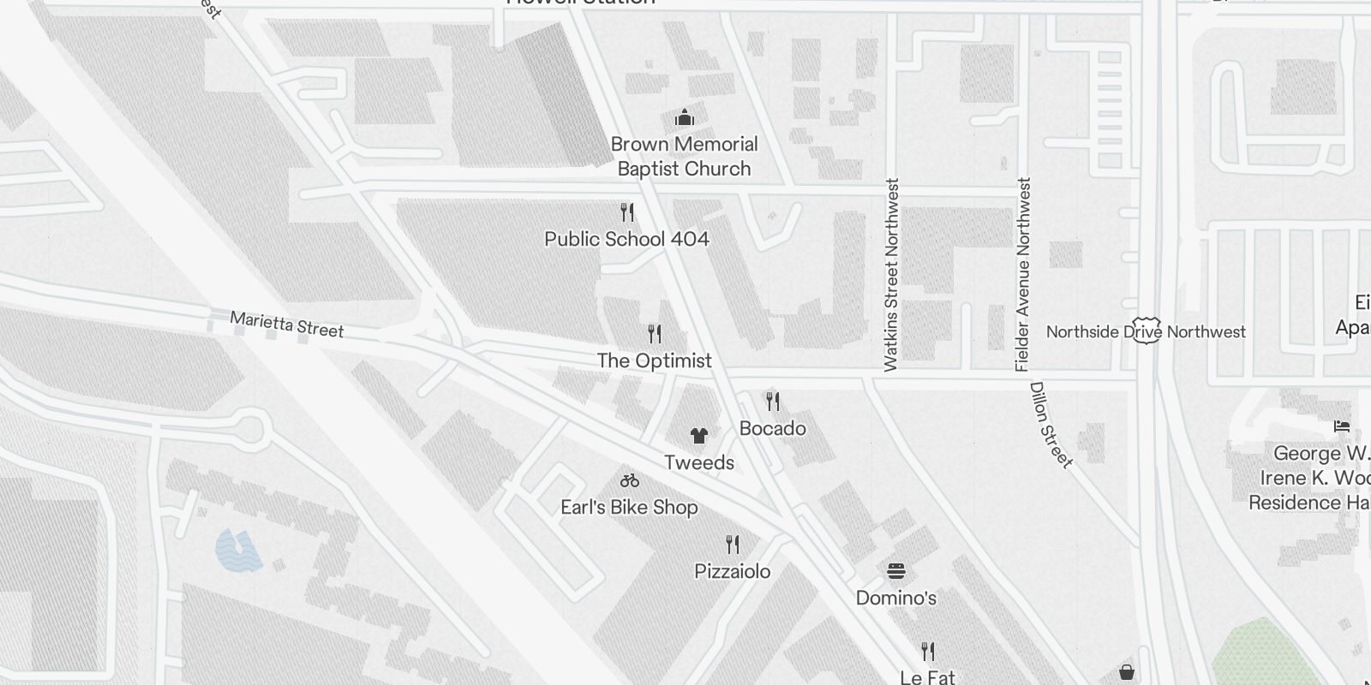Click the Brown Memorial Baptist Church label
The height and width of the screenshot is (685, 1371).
(x=684, y=156)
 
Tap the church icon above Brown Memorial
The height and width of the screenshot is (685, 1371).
(x=684, y=117)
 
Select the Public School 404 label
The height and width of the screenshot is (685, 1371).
(x=626, y=239)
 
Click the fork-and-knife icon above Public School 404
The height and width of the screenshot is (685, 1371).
(x=627, y=211)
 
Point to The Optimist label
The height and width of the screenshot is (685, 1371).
(x=654, y=360)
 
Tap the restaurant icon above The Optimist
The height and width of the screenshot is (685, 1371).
(x=655, y=333)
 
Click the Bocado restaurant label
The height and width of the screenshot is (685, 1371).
(x=772, y=428)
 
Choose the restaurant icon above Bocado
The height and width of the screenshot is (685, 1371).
(x=773, y=401)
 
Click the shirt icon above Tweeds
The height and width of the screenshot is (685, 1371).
(x=699, y=436)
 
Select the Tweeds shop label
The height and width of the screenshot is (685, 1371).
(x=699, y=462)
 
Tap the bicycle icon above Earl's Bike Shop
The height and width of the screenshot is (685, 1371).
(x=630, y=480)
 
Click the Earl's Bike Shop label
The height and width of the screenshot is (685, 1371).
(x=629, y=507)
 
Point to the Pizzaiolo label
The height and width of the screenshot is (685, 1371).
(x=732, y=571)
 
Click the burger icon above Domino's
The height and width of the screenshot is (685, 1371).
(x=896, y=571)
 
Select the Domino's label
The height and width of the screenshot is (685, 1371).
(x=896, y=598)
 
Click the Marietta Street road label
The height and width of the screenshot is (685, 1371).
(x=286, y=325)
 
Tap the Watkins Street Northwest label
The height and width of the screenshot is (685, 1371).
(x=892, y=274)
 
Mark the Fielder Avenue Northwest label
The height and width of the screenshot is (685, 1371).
(x=1023, y=274)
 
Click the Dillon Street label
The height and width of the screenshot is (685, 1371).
(x=1051, y=425)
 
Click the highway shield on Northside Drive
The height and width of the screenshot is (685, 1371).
(x=1146, y=332)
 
